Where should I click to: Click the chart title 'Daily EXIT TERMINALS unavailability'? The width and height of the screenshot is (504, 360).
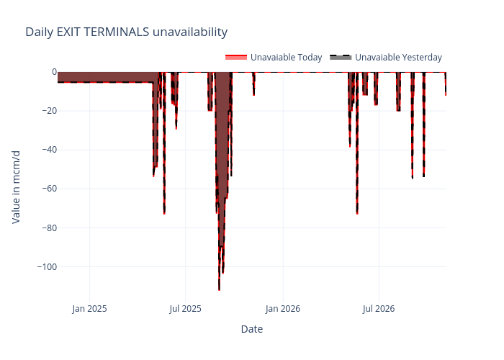coord(126,32)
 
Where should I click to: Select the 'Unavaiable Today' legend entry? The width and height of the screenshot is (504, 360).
coord(286,58)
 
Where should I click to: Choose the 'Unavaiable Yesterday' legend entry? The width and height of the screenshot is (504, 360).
coord(398,58)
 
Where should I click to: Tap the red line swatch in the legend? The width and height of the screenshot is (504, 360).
coord(236,58)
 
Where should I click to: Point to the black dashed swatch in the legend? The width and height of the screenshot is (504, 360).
coord(341,58)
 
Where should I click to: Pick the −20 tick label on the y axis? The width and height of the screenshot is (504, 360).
coord(48,111)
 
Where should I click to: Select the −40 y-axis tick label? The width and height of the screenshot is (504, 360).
coord(48,150)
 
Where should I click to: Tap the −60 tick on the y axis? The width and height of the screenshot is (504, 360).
coord(48,189)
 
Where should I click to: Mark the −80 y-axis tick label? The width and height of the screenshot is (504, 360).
coord(48,228)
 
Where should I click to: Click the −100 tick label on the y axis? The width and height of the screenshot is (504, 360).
coord(45,266)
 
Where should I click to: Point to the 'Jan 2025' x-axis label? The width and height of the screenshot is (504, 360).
coord(90,309)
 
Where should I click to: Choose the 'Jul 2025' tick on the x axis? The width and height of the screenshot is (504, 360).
coord(186,309)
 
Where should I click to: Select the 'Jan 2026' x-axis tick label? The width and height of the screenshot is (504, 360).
coord(283,309)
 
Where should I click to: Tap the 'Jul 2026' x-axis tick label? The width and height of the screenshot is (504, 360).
coord(379,309)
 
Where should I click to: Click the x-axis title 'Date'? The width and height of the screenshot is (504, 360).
coord(251,329)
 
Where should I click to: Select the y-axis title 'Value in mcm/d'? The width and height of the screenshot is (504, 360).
coord(17,186)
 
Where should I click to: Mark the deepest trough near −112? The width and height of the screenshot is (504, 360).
coord(219,289)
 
